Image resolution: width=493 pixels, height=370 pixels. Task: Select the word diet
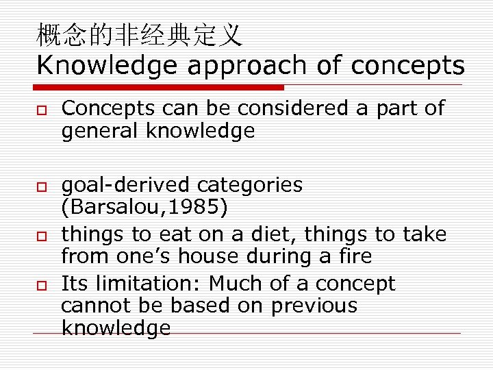[273, 234]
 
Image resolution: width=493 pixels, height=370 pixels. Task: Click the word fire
[353, 257]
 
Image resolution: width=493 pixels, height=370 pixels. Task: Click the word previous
[314, 306]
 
